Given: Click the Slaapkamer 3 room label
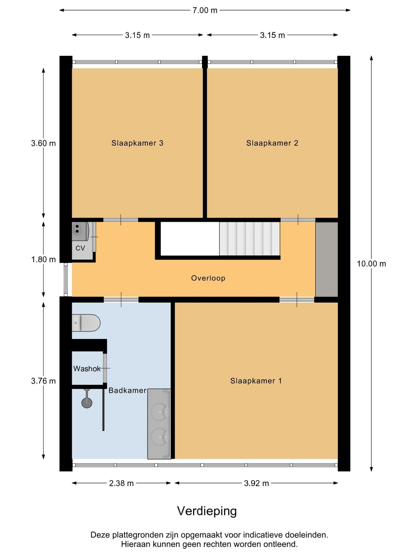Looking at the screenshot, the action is [137, 143].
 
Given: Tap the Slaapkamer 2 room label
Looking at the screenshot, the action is [272, 143].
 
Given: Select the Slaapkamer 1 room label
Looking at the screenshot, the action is [256, 381].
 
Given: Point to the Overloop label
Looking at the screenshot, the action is [208, 278].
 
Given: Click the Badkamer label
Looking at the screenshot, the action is [128, 390].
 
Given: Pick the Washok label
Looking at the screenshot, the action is [87, 369].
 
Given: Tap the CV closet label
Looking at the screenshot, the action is [80, 248].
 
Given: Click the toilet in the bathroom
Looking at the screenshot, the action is [86, 323].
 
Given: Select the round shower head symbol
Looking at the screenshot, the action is [87, 403].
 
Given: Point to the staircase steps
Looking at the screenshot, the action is [249, 239].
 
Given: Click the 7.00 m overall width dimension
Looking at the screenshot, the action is [205, 10].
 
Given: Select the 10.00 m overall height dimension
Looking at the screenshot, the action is [371, 264].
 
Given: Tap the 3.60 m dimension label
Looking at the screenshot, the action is [43, 143].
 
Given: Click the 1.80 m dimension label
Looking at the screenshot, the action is [43, 260].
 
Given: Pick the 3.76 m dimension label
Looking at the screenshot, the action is [43, 381].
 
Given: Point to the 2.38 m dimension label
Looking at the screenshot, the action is [121, 483].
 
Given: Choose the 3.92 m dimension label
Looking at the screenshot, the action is [257, 483].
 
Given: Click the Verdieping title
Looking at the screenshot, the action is [207, 511].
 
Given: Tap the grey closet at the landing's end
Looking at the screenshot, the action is [327, 260].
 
